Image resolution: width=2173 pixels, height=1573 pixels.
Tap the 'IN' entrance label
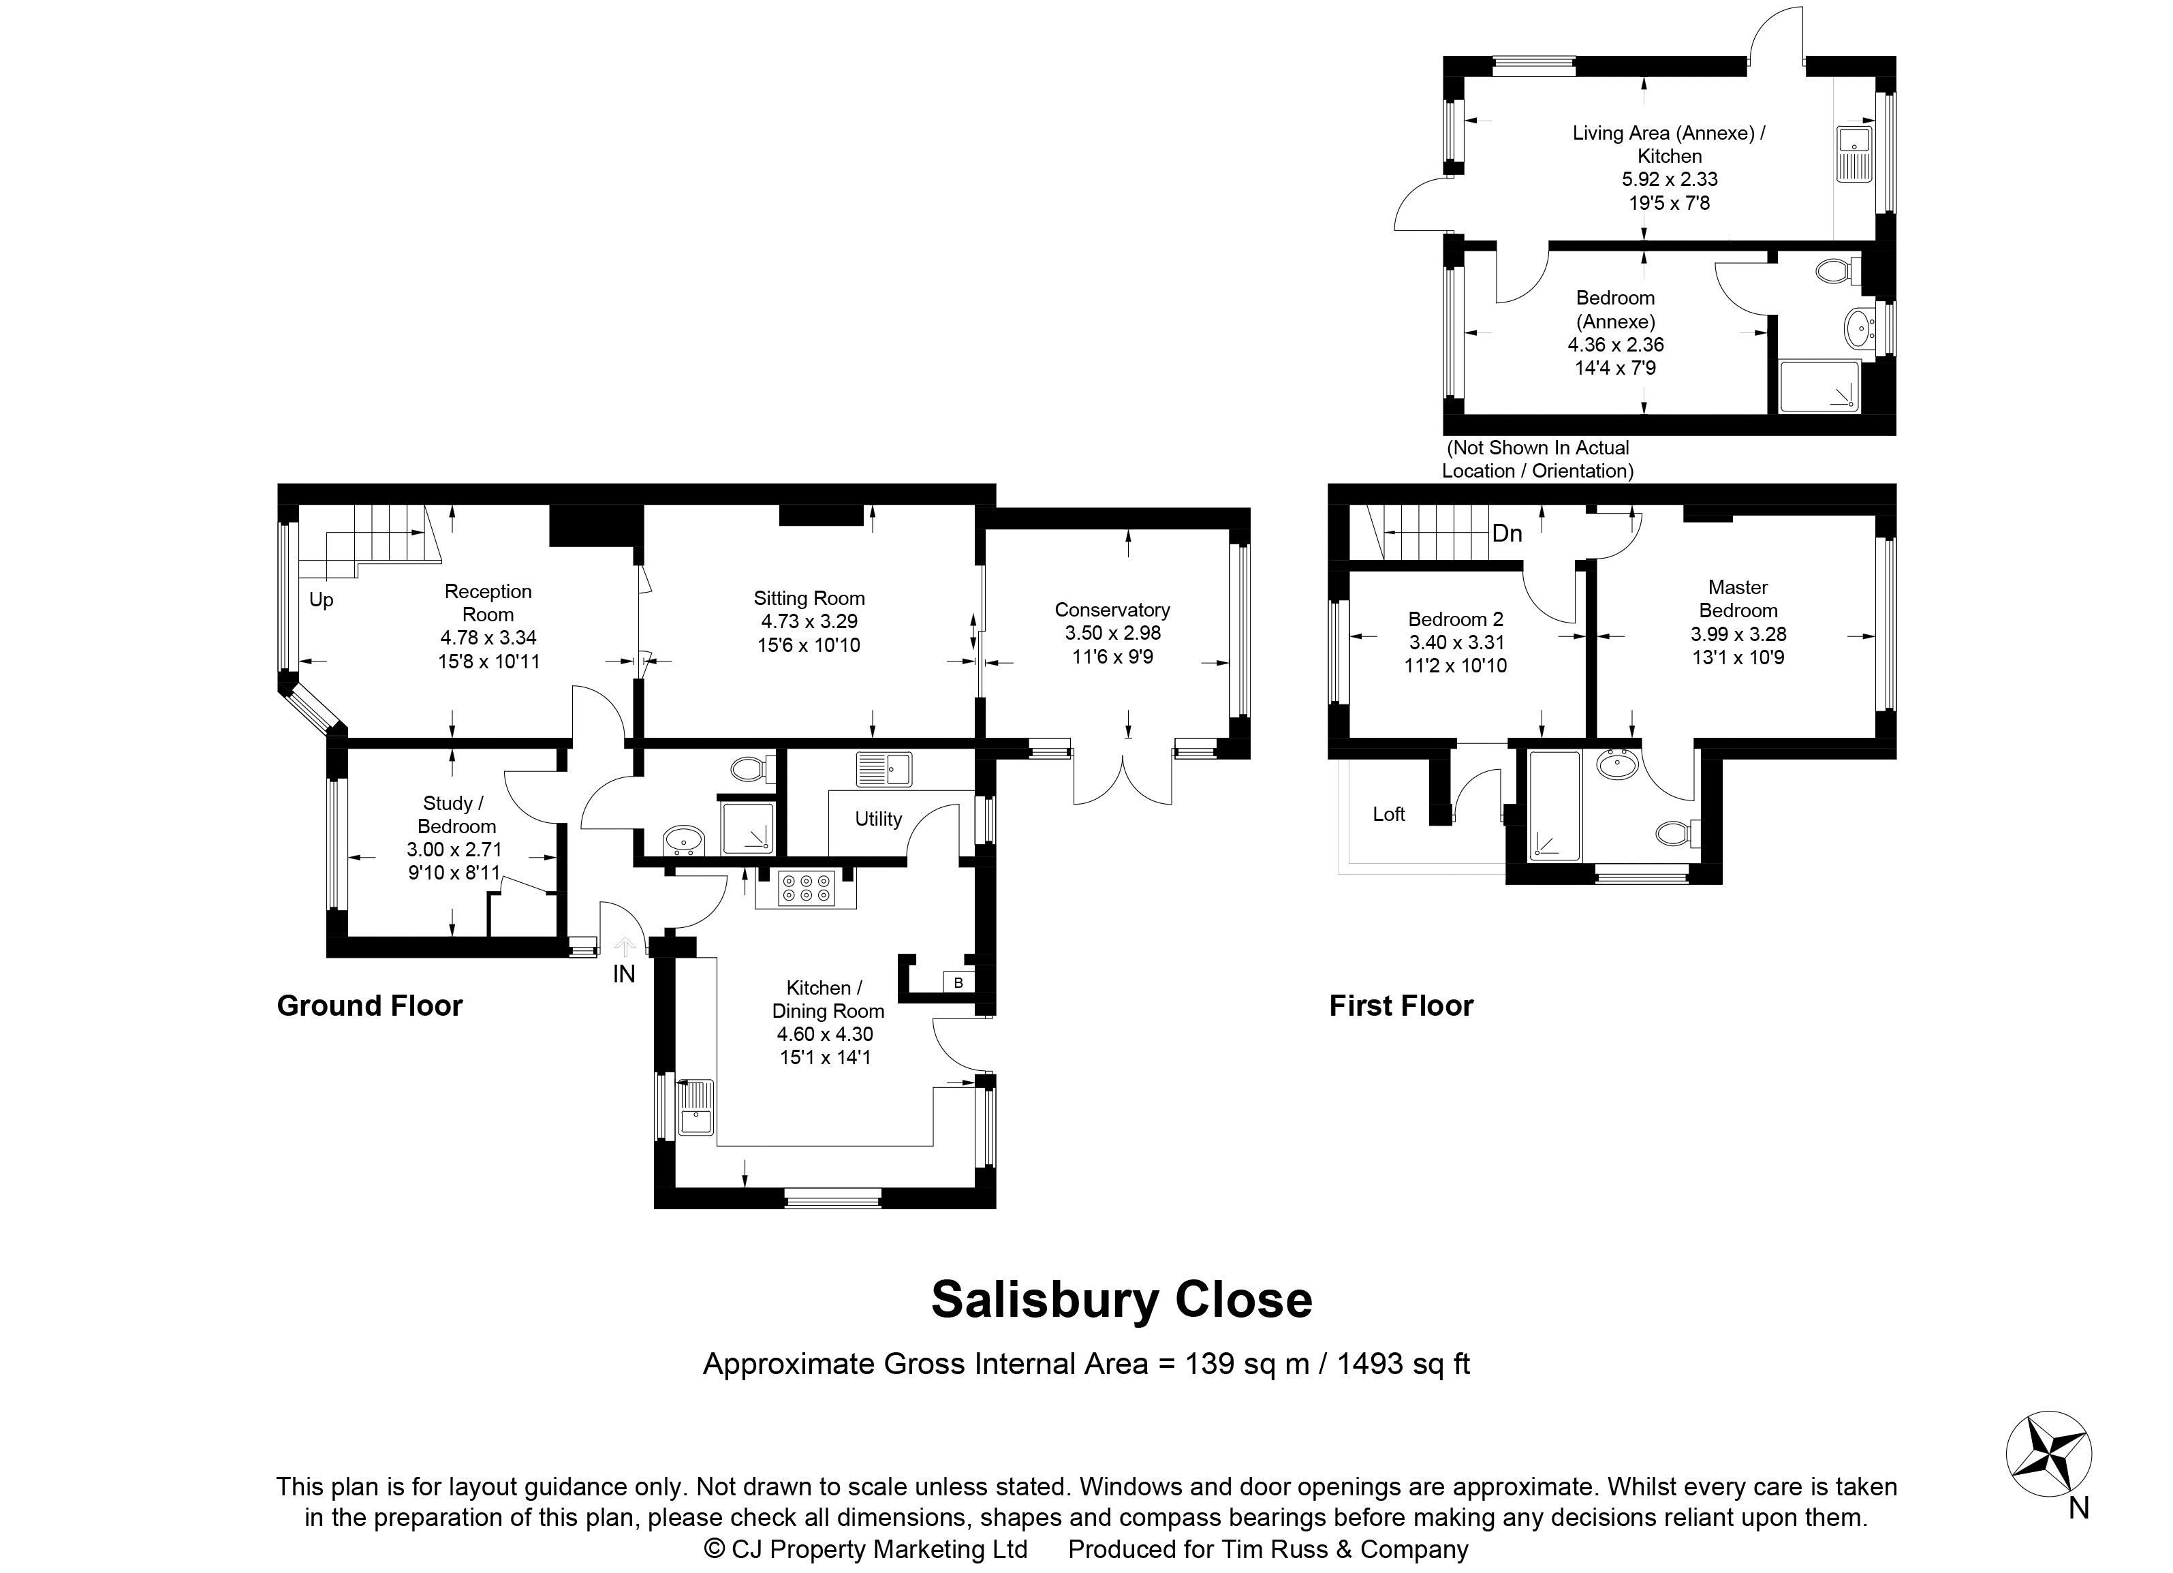pyautogui.click(x=624, y=974)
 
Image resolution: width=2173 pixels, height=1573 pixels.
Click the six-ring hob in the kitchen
pyautogui.click(x=806, y=889)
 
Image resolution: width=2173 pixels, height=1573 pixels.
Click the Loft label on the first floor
pyautogui.click(x=1388, y=814)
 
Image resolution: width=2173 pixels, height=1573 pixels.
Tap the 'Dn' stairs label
pyautogui.click(x=1507, y=533)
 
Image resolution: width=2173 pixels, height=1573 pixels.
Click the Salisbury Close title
pyautogui.click(x=1121, y=1300)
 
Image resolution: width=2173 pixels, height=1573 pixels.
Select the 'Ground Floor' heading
pyautogui.click(x=370, y=1006)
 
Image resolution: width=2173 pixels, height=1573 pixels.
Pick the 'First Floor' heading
pyautogui.click(x=1401, y=1006)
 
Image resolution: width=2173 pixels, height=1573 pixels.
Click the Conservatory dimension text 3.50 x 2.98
pyautogui.click(x=1112, y=634)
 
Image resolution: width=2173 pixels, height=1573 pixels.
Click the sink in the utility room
pyautogui.click(x=884, y=769)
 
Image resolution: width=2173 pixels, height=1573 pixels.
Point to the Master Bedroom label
pyautogui.click(x=1738, y=599)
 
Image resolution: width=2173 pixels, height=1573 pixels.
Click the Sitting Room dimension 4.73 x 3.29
pyautogui.click(x=809, y=622)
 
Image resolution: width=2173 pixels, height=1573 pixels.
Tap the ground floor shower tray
pyautogui.click(x=747, y=827)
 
